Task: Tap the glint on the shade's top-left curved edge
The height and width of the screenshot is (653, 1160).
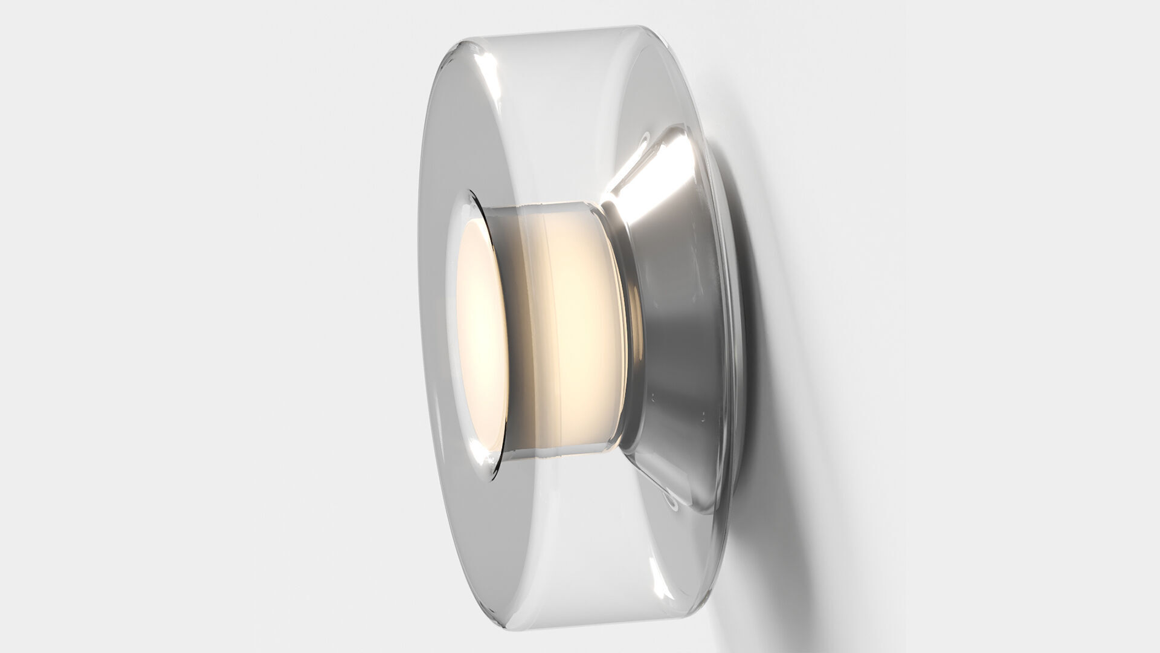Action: pos(477,60)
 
